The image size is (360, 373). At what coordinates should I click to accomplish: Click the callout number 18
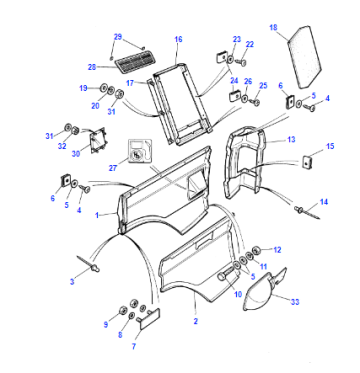tap(273, 27)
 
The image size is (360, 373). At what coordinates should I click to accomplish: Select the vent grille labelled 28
tap(134, 63)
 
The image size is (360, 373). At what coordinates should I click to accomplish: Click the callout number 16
tap(178, 39)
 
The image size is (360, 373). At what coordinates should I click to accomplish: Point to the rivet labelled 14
tap(307, 213)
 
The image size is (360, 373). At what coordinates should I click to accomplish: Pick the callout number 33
tap(295, 302)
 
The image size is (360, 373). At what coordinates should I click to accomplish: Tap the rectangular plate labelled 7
tap(149, 319)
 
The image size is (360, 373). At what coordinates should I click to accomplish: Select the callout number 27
tap(113, 167)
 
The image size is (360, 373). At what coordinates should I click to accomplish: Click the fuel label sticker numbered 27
tap(140, 151)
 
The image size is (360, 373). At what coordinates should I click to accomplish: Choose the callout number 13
tap(291, 140)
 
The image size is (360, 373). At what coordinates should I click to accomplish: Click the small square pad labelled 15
tap(307, 162)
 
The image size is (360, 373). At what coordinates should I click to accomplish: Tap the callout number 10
tap(238, 294)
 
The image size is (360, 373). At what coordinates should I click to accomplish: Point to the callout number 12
tap(277, 250)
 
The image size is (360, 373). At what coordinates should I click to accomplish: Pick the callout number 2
tap(196, 322)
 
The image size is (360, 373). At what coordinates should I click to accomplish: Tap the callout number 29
tap(118, 37)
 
